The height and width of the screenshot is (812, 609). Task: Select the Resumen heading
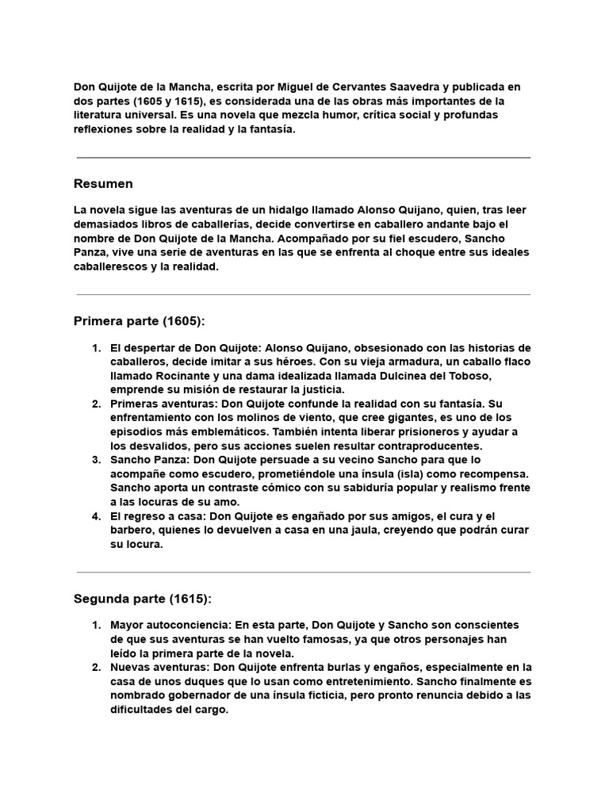tap(103, 184)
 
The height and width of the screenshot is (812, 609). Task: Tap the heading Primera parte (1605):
tap(139, 321)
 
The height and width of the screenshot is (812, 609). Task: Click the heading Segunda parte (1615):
tap(143, 598)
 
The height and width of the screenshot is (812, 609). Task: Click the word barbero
tap(132, 530)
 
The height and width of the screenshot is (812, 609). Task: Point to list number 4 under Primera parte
tap(96, 515)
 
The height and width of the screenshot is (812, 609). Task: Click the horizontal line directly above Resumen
tap(304, 158)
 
